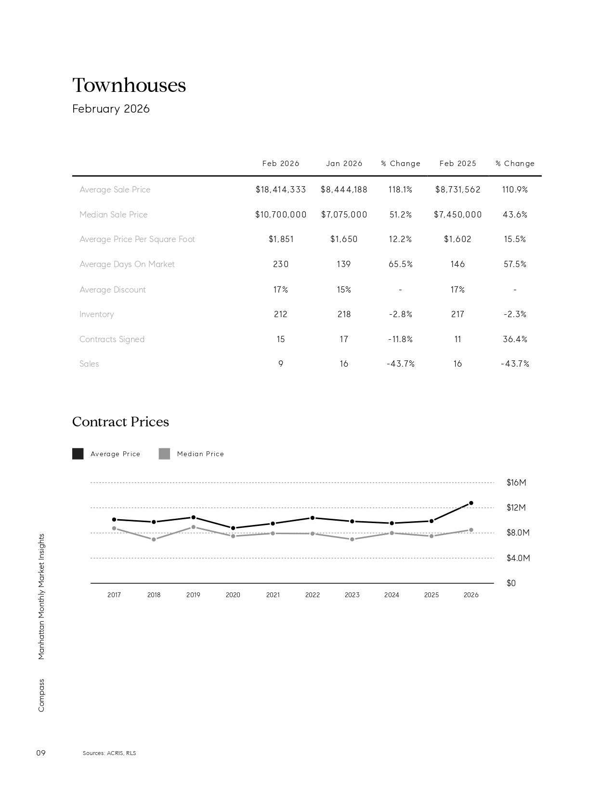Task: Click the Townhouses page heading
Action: tap(129, 85)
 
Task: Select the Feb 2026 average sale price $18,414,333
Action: tap(281, 190)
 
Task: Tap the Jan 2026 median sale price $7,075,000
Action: tap(344, 215)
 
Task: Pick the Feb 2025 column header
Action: tap(457, 164)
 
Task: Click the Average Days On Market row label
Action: tap(127, 264)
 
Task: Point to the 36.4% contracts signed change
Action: tap(515, 339)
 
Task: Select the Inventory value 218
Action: tap(344, 314)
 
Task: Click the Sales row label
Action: tap(89, 364)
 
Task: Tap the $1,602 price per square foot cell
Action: tap(457, 239)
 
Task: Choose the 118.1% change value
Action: tap(400, 190)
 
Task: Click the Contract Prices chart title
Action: tap(120, 422)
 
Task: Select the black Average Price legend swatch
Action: tap(78, 454)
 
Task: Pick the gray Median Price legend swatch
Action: tap(164, 454)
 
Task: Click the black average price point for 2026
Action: tap(471, 503)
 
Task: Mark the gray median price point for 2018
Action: tap(154, 539)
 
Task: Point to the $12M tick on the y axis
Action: tap(516, 508)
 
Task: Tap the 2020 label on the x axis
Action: tap(233, 595)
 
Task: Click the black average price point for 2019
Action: tap(193, 517)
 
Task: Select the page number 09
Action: tap(41, 753)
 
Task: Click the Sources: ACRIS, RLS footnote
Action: tap(109, 753)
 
